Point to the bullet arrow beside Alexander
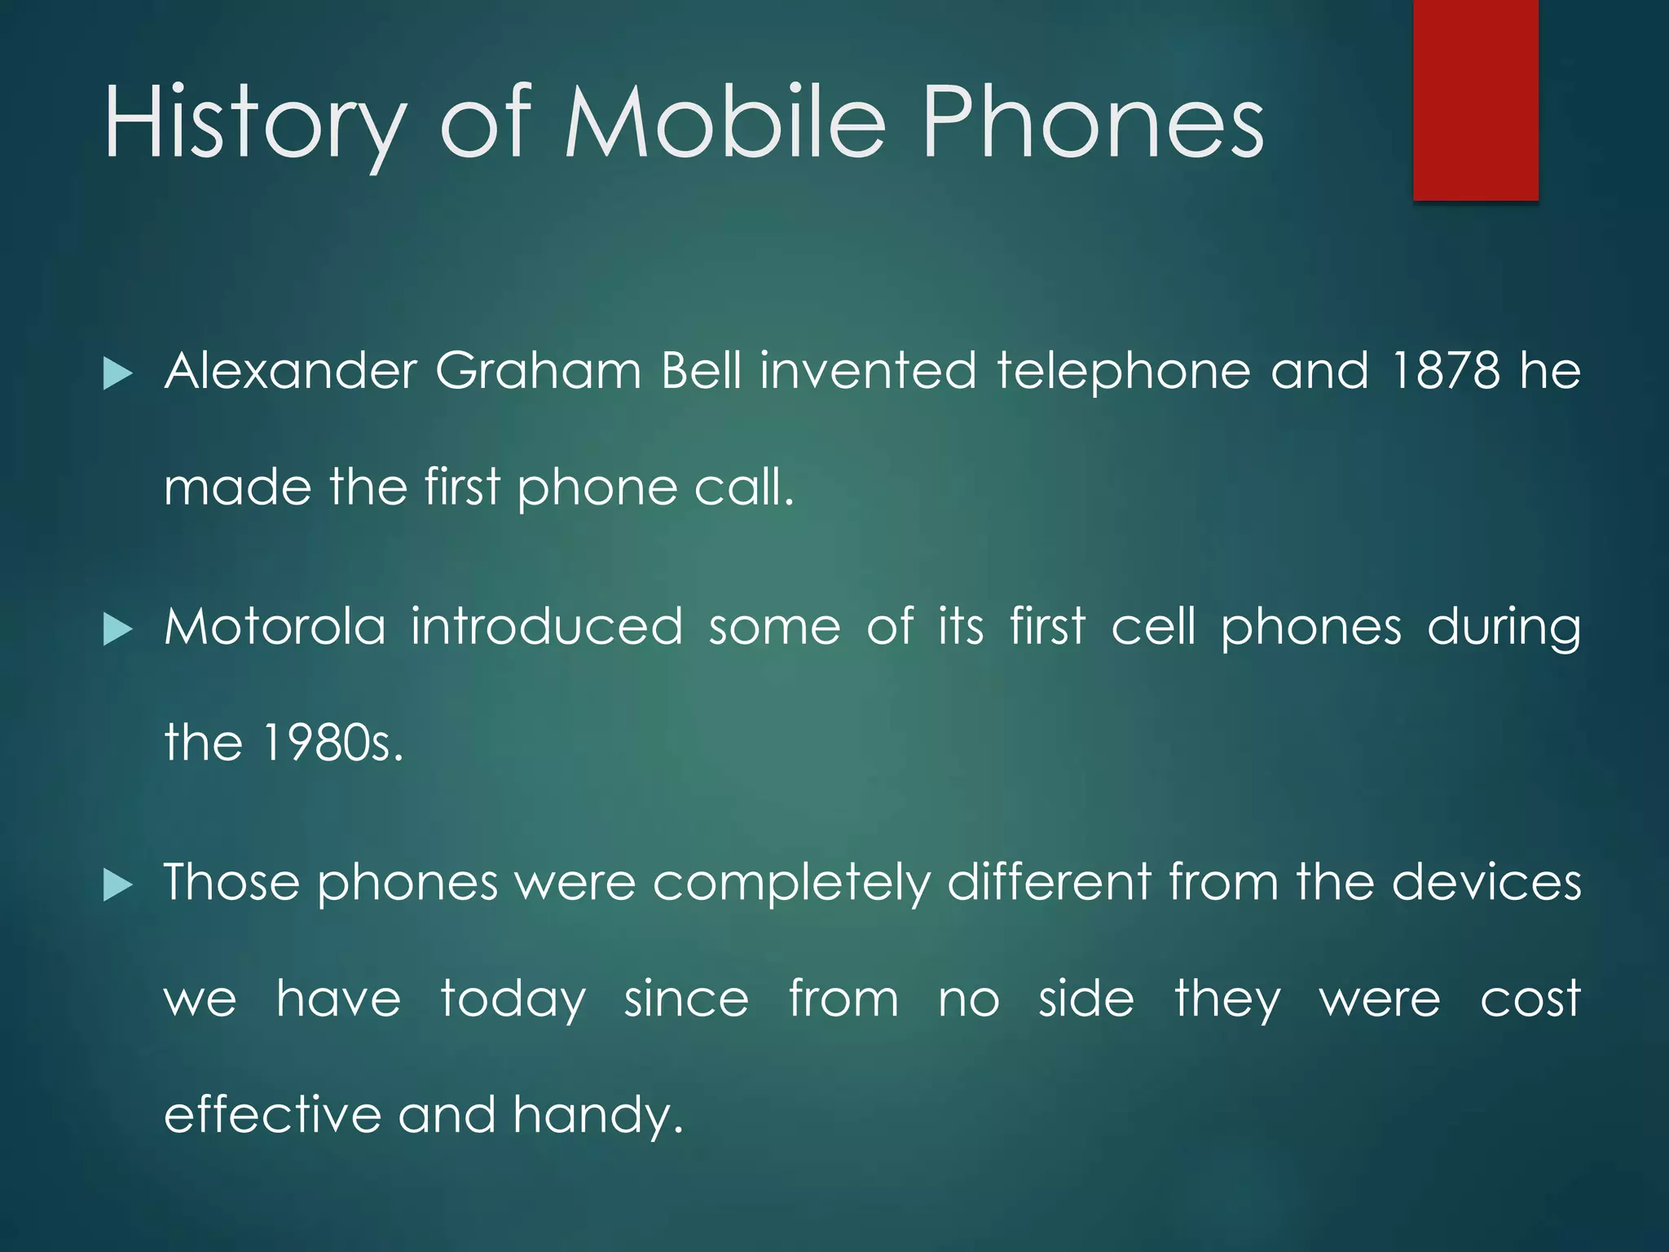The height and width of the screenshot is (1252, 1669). (118, 375)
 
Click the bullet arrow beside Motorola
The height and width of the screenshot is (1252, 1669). (118, 630)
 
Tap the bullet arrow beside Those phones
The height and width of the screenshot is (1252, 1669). (118, 886)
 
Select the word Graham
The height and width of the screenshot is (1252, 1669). (539, 371)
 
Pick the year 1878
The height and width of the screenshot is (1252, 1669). (1446, 371)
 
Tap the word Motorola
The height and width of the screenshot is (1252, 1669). (275, 627)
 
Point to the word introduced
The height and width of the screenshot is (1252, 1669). (546, 627)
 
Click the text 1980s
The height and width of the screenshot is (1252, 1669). (332, 743)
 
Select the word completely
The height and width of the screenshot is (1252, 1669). (790, 884)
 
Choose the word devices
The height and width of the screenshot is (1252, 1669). (1486, 882)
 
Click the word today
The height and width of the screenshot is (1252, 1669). (513, 1001)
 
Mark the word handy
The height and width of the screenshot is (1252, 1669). (597, 1116)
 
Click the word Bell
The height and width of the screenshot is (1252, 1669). (702, 371)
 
